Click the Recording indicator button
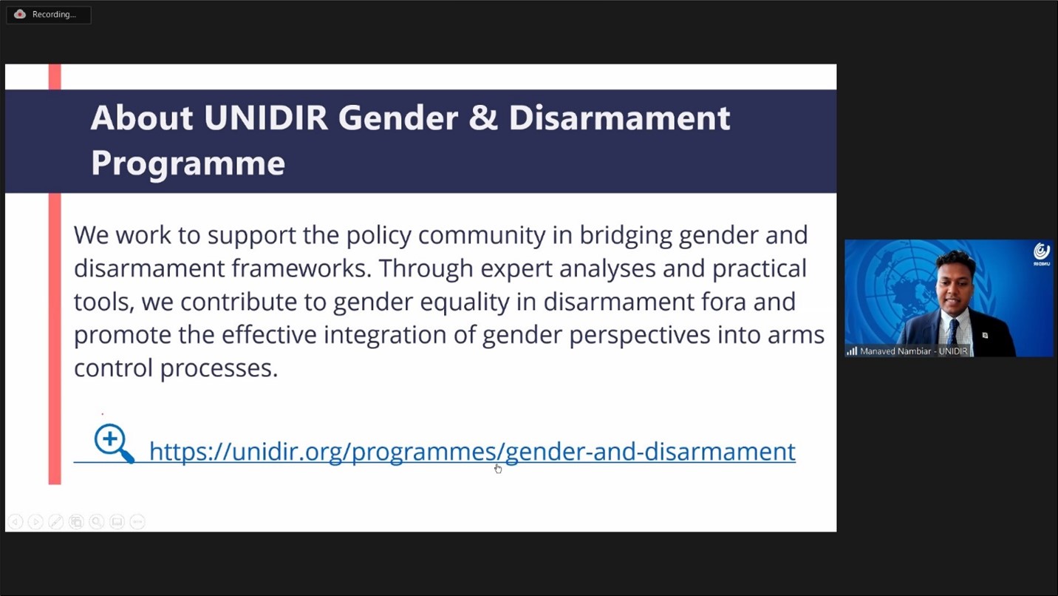pyautogui.click(x=49, y=15)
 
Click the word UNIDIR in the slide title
pyautogui.click(x=266, y=118)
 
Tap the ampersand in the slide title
pyautogui.click(x=483, y=118)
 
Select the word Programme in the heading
pyautogui.click(x=188, y=163)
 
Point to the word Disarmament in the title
pyautogui.click(x=619, y=118)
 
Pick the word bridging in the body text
pyautogui.click(x=626, y=235)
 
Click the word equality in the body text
pyautogui.click(x=465, y=302)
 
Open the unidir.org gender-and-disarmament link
pyautogui.click(x=472, y=451)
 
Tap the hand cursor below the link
pyautogui.click(x=498, y=468)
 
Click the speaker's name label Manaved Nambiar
pyautogui.click(x=895, y=351)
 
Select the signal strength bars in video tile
pyautogui.click(x=852, y=351)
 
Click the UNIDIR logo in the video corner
pyautogui.click(x=1042, y=254)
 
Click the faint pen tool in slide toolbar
pyautogui.click(x=55, y=522)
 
